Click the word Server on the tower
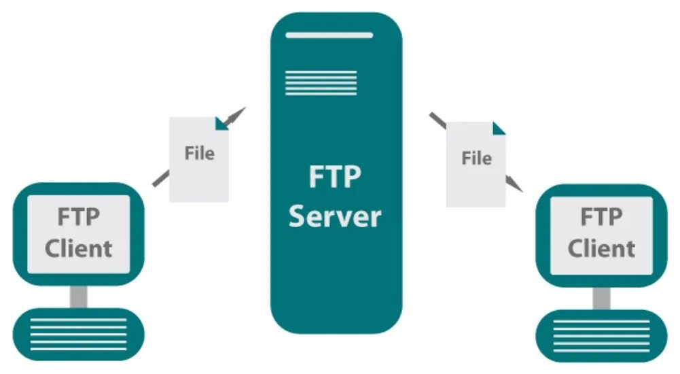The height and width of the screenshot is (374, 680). tap(335, 217)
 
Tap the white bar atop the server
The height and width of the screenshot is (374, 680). tap(329, 35)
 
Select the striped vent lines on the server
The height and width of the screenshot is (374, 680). tap(321, 82)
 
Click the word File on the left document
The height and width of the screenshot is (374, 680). tap(199, 153)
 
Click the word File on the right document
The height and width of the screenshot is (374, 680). tap(476, 158)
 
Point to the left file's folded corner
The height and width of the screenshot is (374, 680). tap(222, 123)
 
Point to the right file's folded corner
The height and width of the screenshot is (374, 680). tap(499, 128)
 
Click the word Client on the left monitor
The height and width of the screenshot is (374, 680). tap(79, 248)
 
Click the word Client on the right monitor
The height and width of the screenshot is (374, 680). tap(601, 248)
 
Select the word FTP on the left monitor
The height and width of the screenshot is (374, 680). tap(79, 218)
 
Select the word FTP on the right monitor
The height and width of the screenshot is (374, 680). tap(601, 218)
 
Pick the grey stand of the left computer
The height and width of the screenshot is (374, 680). tap(79, 296)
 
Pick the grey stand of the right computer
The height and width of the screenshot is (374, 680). tap(601, 297)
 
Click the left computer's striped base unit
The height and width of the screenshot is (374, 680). tap(79, 333)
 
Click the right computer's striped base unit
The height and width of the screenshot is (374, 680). tap(601, 335)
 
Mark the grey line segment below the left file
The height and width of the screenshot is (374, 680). tap(160, 177)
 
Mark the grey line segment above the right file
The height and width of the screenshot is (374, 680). tap(437, 120)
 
